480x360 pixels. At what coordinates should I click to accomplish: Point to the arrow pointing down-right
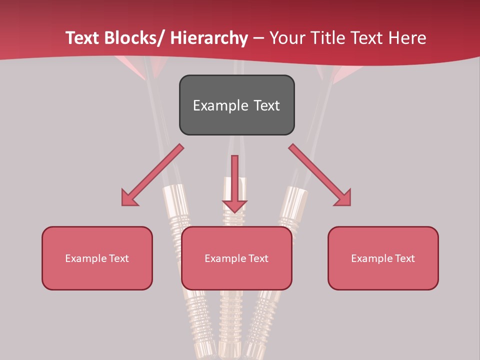click(320, 175)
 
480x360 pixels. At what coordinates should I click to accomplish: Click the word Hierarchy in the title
click(209, 38)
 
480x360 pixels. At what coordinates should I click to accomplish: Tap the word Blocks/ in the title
click(133, 38)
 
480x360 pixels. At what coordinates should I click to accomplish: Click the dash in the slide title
click(258, 38)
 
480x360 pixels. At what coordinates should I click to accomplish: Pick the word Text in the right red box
click(404, 258)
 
